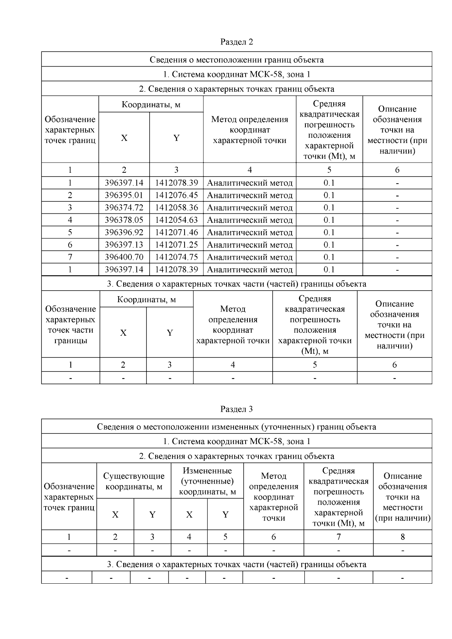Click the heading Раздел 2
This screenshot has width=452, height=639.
click(x=237, y=42)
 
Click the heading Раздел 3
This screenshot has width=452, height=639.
click(x=237, y=409)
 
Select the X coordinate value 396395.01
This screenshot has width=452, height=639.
click(x=124, y=195)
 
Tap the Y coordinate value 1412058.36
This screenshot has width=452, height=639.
click(x=176, y=208)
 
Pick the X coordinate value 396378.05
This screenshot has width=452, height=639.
click(x=124, y=220)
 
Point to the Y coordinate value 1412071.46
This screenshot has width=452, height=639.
click(x=176, y=233)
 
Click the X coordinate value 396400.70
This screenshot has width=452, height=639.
click(x=124, y=257)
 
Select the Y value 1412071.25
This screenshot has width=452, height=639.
click(x=176, y=245)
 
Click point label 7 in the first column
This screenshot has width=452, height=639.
click(x=70, y=257)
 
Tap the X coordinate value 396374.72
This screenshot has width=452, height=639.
click(x=124, y=208)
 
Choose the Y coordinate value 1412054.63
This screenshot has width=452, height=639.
click(x=176, y=220)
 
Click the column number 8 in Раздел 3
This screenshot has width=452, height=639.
click(x=402, y=537)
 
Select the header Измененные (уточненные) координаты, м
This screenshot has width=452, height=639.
click(x=207, y=481)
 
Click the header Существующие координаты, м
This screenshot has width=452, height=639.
click(x=134, y=481)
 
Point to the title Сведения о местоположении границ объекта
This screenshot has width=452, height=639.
click(x=237, y=59)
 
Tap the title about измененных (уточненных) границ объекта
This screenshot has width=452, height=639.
click(x=237, y=427)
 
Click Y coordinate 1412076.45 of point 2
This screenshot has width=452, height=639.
click(x=176, y=195)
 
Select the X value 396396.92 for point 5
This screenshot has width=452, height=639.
click(x=124, y=233)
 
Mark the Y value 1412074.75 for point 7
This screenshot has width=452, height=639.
click(x=176, y=257)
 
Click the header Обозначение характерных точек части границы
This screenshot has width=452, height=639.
click(x=70, y=324)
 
